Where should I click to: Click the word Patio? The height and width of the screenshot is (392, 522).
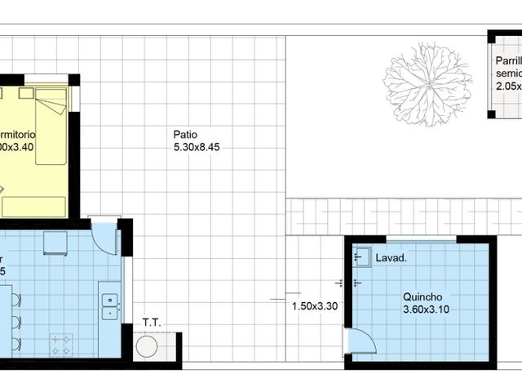(185, 135)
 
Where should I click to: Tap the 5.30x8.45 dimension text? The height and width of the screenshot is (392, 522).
(197, 148)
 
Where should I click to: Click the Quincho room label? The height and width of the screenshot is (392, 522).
(422, 297)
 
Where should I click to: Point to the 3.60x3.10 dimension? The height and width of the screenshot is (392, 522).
(425, 310)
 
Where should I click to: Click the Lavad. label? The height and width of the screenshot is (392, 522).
(391, 258)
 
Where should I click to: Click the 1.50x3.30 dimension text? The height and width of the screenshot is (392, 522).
(315, 307)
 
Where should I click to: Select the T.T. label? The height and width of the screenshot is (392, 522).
(152, 323)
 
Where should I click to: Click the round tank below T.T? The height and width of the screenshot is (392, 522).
(148, 347)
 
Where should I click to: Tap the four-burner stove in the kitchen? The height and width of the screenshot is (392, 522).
(61, 344)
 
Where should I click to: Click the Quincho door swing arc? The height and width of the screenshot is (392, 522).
(360, 341)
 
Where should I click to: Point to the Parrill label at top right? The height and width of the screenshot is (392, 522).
(508, 62)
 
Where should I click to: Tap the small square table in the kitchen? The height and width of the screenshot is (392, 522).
(55, 243)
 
